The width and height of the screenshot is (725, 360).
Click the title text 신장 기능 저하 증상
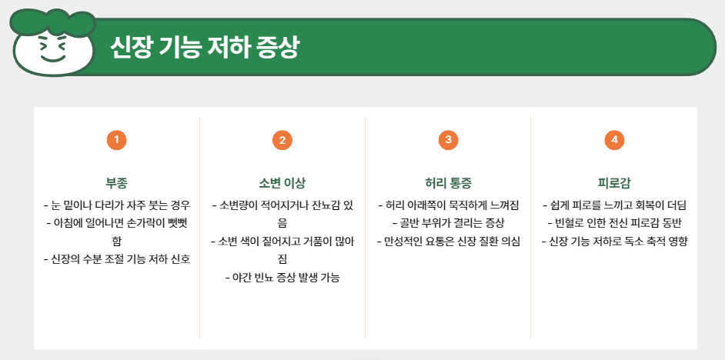[204, 48]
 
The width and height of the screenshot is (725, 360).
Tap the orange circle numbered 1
[116, 140]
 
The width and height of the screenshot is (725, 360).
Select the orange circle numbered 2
[282, 140]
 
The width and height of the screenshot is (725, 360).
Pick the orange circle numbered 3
[448, 140]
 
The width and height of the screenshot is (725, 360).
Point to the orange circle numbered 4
[613, 140]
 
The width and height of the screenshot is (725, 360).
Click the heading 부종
[116, 183]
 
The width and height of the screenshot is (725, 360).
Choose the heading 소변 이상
[282, 183]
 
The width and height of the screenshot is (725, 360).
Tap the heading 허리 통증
[448, 183]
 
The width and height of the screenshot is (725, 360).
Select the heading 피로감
[613, 183]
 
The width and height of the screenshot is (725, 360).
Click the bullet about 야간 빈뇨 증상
[282, 277]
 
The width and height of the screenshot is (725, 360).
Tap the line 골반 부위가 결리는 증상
[448, 223]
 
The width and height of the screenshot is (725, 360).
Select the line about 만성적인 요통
[448, 242]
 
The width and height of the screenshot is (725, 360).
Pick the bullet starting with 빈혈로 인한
[613, 223]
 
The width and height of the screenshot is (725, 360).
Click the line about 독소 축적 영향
[613, 242]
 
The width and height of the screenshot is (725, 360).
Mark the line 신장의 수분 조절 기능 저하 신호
[116, 258]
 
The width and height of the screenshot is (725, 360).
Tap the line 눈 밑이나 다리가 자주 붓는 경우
[116, 205]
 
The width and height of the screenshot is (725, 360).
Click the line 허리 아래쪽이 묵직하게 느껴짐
[448, 205]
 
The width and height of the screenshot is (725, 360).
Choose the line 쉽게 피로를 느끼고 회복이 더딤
[613, 205]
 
